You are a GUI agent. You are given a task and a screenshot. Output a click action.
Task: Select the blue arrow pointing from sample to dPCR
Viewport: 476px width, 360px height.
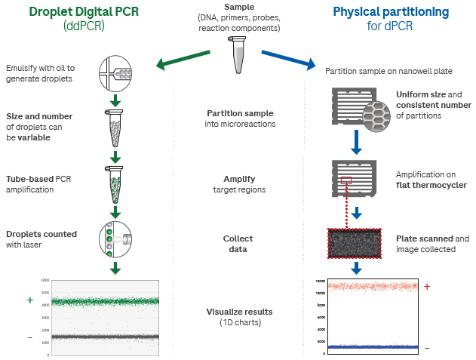(x=290, y=60)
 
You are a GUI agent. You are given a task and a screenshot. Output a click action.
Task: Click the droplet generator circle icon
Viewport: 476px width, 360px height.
(x=115, y=73)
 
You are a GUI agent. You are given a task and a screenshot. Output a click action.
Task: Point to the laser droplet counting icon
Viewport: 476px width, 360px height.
(x=115, y=239)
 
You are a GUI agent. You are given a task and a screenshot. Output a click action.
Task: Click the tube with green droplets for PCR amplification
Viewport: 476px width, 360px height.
(x=115, y=183)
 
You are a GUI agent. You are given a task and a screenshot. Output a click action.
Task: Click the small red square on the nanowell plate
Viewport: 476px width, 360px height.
(x=345, y=180)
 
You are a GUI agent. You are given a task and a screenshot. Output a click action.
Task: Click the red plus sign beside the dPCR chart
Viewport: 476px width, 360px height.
(x=427, y=287)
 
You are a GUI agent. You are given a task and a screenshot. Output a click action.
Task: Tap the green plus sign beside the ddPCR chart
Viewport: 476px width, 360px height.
(x=30, y=300)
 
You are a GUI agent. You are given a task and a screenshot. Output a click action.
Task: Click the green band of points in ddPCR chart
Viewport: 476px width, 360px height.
(x=106, y=301)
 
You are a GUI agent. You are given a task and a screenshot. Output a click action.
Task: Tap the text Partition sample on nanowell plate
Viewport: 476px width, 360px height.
(x=388, y=71)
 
